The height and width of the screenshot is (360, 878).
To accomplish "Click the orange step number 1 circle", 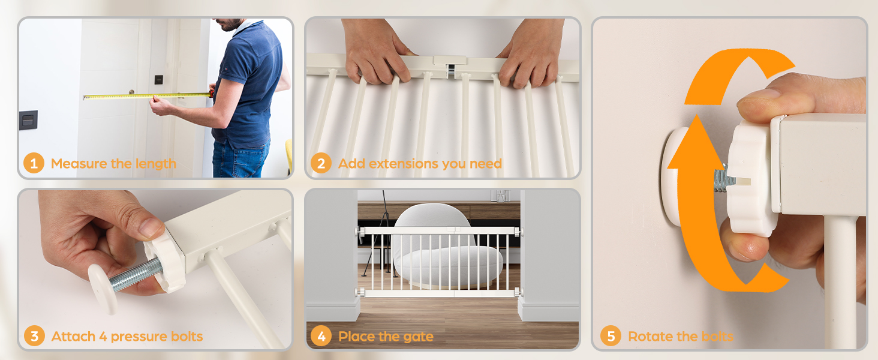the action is (x=34, y=163).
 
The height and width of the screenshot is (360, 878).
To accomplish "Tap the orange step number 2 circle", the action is (x=321, y=163).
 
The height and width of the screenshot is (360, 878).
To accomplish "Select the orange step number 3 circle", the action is (x=35, y=336).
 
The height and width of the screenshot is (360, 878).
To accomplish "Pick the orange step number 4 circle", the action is (x=321, y=336).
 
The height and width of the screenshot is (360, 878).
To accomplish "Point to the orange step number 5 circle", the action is (x=611, y=336).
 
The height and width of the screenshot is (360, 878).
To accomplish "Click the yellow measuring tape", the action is (x=148, y=95).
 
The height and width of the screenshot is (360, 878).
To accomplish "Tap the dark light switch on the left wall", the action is (x=29, y=119).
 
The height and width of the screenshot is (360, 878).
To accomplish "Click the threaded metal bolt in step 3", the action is (x=136, y=275).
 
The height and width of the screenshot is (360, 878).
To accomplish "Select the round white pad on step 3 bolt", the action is (x=103, y=289).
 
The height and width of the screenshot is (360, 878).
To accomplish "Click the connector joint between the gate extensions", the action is (x=450, y=65).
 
